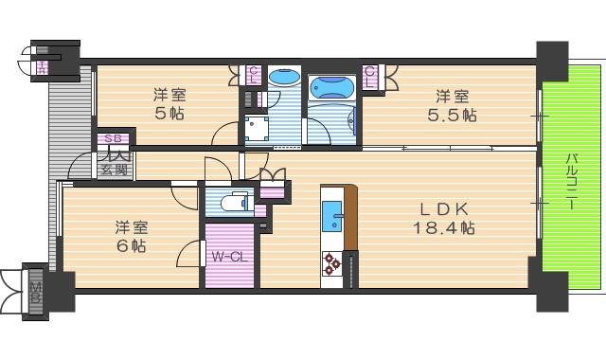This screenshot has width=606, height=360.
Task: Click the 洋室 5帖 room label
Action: click(x=170, y=103)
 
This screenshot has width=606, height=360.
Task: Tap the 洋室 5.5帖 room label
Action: click(x=453, y=104)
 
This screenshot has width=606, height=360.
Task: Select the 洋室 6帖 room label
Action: click(x=131, y=236)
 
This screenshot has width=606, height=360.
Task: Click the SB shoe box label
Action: click(x=113, y=139)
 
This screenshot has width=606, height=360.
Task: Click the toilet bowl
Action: click(x=230, y=202)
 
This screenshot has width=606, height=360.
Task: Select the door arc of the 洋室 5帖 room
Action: click(x=225, y=133)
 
